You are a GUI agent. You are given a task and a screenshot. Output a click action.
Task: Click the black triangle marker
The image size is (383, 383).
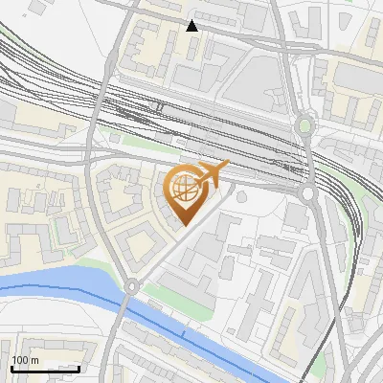pyautogui.click(x=192, y=26)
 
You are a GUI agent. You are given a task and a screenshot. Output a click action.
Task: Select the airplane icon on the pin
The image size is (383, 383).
pyautogui.click(x=212, y=173)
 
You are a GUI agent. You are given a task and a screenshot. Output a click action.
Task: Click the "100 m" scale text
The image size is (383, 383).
pyautogui.click(x=26, y=360)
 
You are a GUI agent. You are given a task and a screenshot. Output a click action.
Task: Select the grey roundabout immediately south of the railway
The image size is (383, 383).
pyautogui.click(x=308, y=194)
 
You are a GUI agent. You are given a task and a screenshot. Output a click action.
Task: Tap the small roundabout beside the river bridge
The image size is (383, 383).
pyautogui.click(x=131, y=286)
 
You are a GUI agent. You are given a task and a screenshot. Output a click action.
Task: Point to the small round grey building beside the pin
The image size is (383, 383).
pyautogui.click(x=241, y=197)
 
